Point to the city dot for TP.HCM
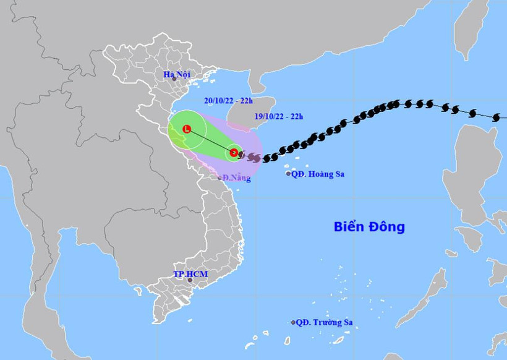coord(190,280)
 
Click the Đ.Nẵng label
coord(237,178)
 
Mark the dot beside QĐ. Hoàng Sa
coord(289,174)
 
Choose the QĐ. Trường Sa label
coord(327,322)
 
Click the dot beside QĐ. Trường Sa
coord(293,322)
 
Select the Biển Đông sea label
coord(369,227)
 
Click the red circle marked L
coord(187,129)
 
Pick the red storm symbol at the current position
coord(234,152)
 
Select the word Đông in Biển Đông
coord(388,227)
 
